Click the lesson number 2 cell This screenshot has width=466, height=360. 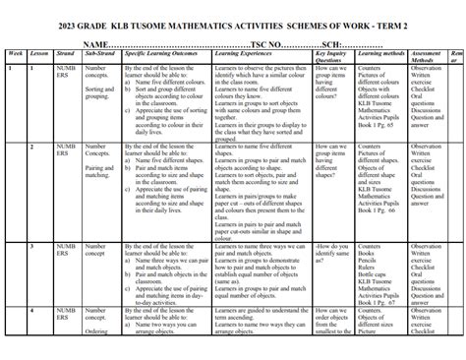pyautogui.click(x=33, y=147)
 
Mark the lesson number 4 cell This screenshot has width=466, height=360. pyautogui.click(x=33, y=311)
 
